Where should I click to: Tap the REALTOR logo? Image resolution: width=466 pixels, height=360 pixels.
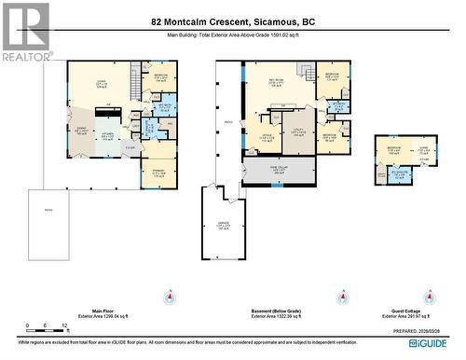coord(24,31)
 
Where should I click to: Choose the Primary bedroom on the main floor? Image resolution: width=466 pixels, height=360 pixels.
coord(158,172)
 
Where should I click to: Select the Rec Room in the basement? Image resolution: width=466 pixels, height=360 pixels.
coord(277,83)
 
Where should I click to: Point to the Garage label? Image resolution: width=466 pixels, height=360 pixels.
coord(223,226)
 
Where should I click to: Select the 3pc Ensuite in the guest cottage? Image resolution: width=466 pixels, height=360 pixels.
coord(397,174)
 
